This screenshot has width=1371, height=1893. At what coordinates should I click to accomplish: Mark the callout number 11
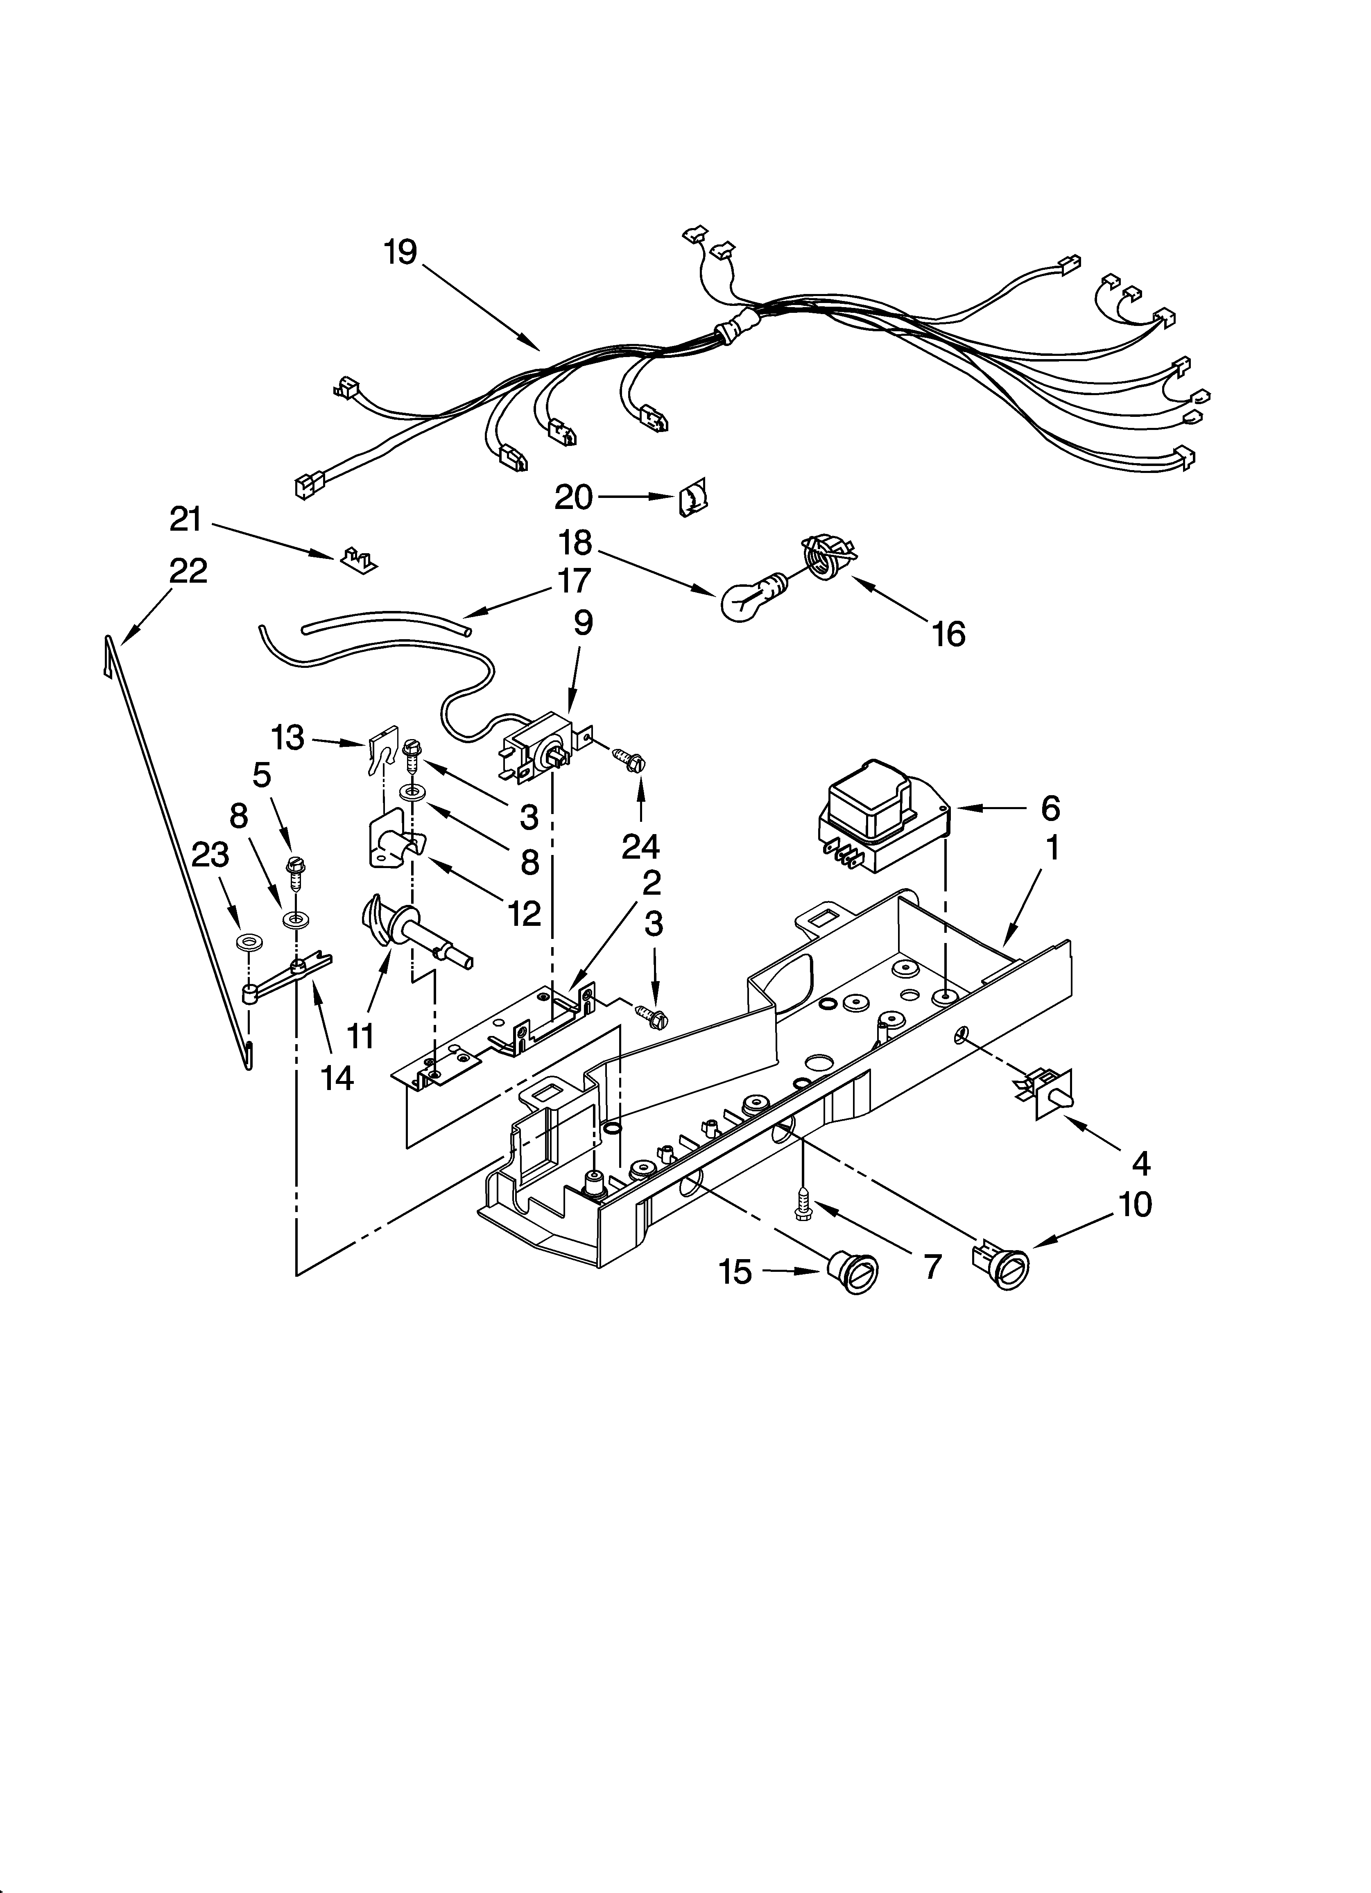coord(361,1036)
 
